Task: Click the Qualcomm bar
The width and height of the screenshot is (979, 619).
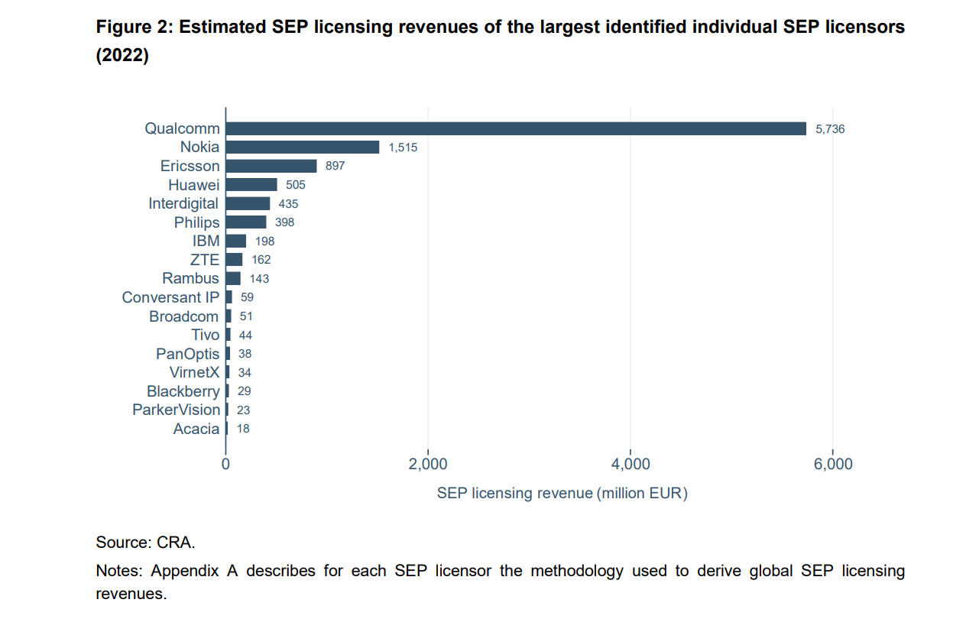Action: [516, 128]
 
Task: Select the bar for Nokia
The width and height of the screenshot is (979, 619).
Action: [303, 147]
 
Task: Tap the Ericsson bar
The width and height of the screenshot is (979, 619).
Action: [271, 166]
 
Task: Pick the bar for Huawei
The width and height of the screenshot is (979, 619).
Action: [251, 185]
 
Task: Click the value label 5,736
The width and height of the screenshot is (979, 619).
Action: [830, 129]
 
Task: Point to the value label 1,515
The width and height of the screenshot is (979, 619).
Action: [403, 147]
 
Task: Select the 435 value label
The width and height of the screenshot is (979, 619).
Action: [288, 204]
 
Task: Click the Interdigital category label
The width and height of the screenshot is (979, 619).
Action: [183, 203]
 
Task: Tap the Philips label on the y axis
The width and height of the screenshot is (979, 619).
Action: [196, 222]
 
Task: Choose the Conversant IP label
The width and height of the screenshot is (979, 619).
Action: [170, 297]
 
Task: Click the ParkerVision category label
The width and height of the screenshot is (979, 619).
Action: [176, 410]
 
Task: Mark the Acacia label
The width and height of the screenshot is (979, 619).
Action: [196, 429]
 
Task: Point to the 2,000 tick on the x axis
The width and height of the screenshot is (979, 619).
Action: [428, 464]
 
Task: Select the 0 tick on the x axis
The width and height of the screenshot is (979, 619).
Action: [226, 464]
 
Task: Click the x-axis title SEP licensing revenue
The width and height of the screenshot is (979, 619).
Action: [562, 493]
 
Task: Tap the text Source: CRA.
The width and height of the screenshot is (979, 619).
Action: [145, 543]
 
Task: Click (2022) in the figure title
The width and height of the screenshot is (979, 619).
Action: [122, 57]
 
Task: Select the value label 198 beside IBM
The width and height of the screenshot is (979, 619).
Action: [264, 241]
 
